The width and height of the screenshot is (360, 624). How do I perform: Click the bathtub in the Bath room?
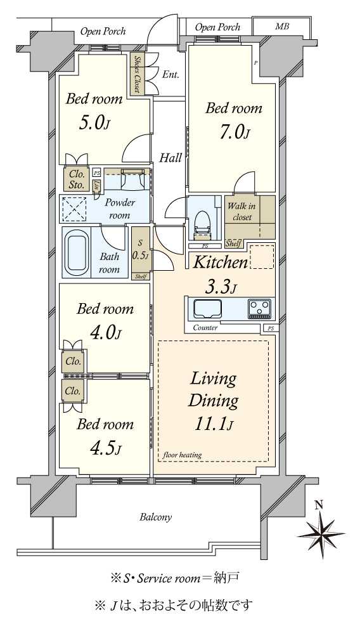[x=77, y=252]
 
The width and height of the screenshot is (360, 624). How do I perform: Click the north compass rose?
[x=320, y=531]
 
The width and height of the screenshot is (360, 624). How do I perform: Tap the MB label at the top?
[x=282, y=27]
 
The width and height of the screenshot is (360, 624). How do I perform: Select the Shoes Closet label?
[x=137, y=74]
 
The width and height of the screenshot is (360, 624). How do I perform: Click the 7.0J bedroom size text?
[x=233, y=133]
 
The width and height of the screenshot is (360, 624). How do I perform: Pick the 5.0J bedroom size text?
[x=94, y=123]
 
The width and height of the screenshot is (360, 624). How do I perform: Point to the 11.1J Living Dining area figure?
[x=213, y=425]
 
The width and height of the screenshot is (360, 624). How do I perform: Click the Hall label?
[x=170, y=158]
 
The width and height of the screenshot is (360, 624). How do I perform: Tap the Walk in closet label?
[x=241, y=212]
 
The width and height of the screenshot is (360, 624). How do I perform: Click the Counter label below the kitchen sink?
[x=205, y=328]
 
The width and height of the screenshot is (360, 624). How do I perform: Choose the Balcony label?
[x=156, y=517]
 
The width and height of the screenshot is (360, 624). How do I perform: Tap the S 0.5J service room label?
[x=141, y=249]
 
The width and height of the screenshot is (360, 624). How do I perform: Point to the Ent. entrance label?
[x=170, y=74]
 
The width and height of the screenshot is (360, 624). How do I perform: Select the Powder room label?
[x=120, y=209]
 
